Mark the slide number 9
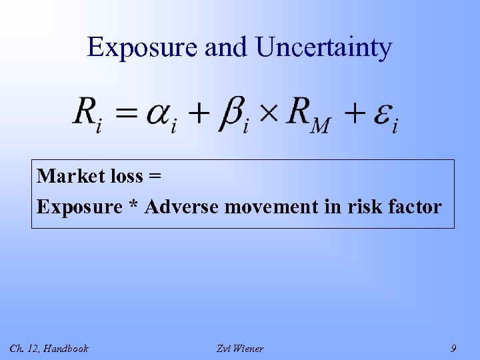tap(453, 348)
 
